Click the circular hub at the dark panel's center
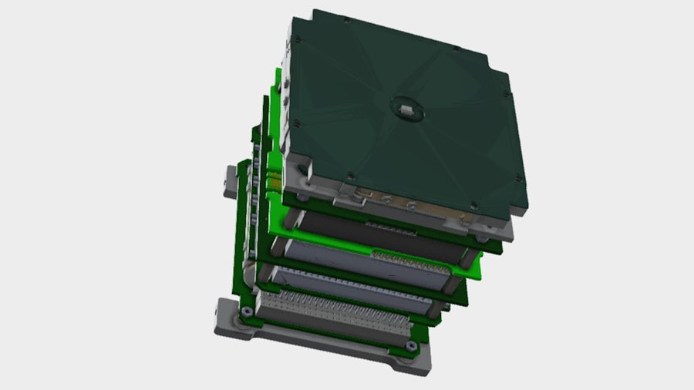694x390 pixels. [x=406, y=109]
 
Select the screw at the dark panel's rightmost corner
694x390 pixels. [x=505, y=95]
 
